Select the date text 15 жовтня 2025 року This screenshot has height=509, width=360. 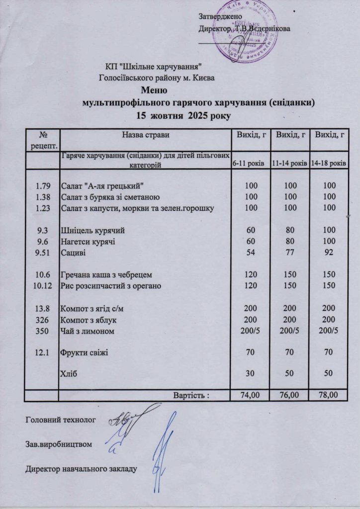[183, 116]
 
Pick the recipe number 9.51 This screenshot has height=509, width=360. [41, 253]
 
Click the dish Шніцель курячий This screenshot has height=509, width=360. [92, 231]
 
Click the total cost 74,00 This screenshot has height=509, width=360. [248, 396]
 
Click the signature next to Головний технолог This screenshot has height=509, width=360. [130, 418]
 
